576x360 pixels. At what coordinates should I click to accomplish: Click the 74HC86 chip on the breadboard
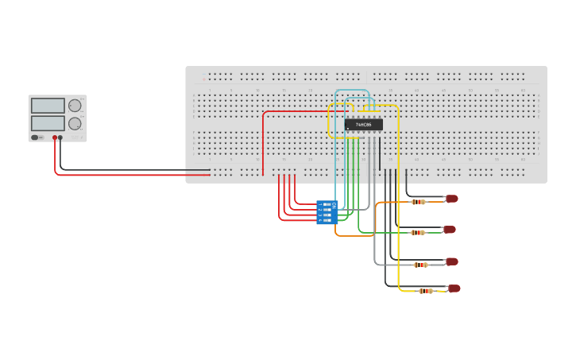(363, 125)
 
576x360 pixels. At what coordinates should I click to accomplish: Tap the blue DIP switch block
(327, 212)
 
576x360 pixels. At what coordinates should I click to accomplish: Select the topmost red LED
(451, 199)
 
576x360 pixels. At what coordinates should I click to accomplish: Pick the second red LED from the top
(450, 230)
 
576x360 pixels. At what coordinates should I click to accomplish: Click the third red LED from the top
(451, 261)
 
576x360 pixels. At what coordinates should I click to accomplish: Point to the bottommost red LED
(454, 288)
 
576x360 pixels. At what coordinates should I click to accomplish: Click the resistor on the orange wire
(419, 202)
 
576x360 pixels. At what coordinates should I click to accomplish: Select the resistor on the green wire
(418, 233)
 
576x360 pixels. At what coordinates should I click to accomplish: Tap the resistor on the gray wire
(421, 265)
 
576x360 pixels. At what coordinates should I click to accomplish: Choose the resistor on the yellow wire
(426, 291)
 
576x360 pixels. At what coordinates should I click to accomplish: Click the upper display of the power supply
(48, 106)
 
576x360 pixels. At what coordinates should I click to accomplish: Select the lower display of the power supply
(48, 123)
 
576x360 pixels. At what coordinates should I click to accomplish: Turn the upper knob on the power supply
(75, 106)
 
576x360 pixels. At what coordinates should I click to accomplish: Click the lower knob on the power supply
(75, 123)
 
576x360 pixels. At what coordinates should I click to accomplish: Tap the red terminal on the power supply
(55, 137)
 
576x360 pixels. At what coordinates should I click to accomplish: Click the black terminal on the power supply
(61, 137)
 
